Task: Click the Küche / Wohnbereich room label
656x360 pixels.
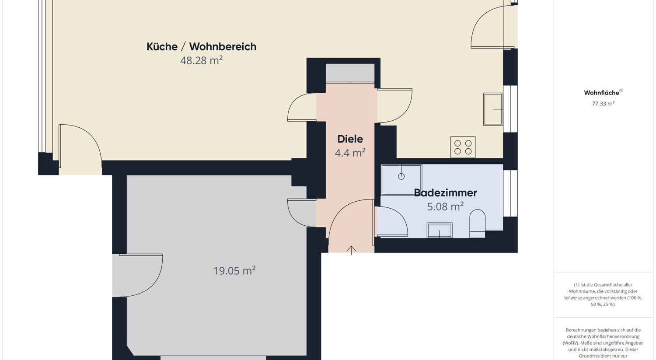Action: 202,46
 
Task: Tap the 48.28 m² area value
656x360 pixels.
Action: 202,60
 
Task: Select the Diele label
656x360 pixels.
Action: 350,139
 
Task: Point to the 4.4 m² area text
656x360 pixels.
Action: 350,153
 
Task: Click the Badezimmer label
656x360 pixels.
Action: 446,193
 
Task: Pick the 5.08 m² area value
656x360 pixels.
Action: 446,206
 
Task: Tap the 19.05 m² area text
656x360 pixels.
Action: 234,271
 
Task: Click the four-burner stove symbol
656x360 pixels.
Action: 463,147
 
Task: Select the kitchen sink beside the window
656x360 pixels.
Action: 493,109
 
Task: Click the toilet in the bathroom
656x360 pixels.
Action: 478,223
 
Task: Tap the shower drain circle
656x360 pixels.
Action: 401,176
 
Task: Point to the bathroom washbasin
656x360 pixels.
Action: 440,230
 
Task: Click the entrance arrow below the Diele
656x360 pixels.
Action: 351,251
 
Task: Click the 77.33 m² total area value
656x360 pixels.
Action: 603,103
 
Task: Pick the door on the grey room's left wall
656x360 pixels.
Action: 137,275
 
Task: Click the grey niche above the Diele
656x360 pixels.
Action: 350,73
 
